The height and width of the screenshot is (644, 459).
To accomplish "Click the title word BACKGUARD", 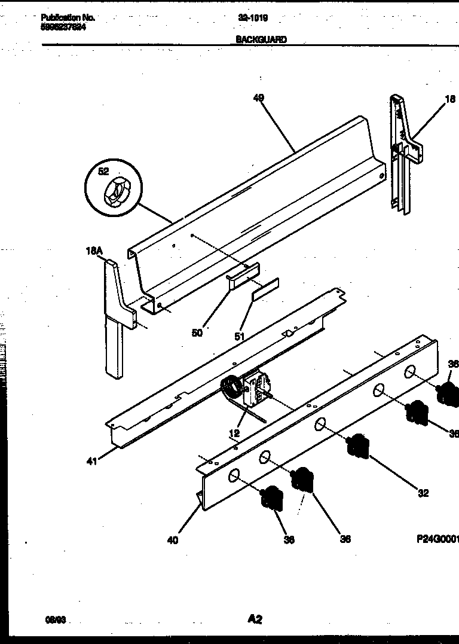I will (x=261, y=39).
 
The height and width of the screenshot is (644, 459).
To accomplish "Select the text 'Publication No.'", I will (x=68, y=18).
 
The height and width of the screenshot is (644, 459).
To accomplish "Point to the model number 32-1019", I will (x=253, y=18).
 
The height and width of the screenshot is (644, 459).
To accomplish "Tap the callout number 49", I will (x=258, y=98).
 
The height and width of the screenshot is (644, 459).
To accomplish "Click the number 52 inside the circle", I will (x=104, y=172).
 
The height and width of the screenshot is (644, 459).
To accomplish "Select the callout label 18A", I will (x=93, y=252).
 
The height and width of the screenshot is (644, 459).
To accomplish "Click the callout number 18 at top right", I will (x=450, y=99).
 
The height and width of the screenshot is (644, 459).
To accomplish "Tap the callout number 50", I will (x=197, y=333).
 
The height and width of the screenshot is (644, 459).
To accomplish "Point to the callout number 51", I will (x=239, y=337).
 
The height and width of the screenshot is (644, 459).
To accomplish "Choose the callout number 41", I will (x=92, y=460).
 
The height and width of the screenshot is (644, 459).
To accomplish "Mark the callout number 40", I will (x=172, y=540).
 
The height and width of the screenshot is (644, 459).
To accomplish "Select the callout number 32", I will (x=423, y=493).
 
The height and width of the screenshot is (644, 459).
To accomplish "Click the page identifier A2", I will (x=255, y=619).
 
